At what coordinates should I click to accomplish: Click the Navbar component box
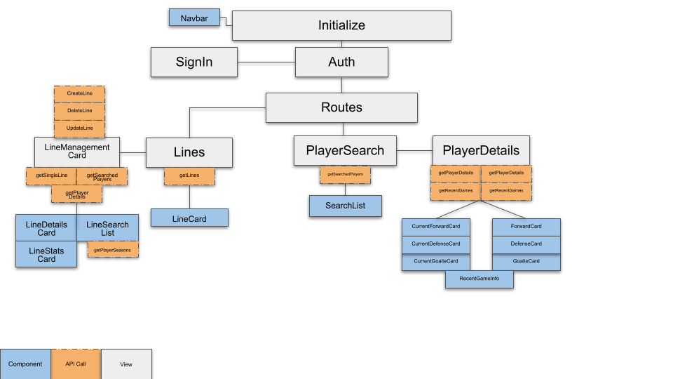coord(194,18)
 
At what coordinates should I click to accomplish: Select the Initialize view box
coord(341,25)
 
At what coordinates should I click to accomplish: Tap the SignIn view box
coord(194,62)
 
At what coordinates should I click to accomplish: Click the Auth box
coord(341,62)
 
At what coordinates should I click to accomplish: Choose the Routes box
coord(341,107)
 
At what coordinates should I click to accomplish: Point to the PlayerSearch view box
coord(345,151)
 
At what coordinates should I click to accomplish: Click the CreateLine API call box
coord(79,94)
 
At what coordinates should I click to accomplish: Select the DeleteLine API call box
coord(79,111)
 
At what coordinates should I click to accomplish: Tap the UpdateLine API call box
coord(79,128)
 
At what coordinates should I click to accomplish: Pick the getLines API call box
coord(189,175)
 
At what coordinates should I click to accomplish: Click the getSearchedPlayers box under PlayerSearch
coord(345,174)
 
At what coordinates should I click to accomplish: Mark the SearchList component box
coord(345,206)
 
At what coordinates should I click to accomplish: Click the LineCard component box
coord(189,218)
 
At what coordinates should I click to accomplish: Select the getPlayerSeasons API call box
coord(113,249)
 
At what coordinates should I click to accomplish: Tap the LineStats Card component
coord(46,254)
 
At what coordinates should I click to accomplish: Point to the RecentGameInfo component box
coord(480,279)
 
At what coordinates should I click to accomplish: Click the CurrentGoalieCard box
coord(435,262)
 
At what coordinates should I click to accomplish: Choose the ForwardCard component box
coord(526,227)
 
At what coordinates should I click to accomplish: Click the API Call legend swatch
coord(76,364)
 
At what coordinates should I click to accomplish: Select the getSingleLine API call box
coord(51,175)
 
